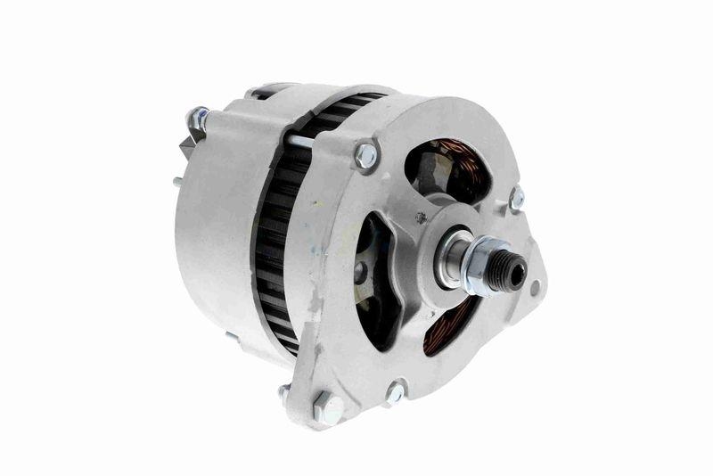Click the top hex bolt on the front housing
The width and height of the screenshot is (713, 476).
365,156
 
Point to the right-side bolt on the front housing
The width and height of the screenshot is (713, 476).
516,198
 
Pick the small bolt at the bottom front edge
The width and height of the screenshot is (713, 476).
394,390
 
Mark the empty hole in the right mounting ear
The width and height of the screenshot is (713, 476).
535,288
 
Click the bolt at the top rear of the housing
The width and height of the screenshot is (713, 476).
198,117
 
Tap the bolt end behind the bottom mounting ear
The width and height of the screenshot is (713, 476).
283,391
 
